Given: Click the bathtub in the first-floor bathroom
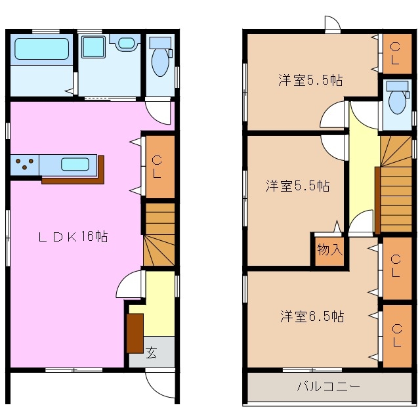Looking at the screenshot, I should click(x=41, y=49).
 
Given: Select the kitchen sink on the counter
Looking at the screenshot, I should click(x=75, y=163).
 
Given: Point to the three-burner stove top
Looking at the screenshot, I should click(x=24, y=164).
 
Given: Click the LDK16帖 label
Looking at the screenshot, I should click(x=72, y=238).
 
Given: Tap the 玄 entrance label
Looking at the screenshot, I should click(x=152, y=354).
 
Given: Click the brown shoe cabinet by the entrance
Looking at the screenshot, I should click(x=135, y=333).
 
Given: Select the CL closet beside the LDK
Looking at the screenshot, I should click(x=158, y=167).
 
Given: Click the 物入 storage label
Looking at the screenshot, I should click(x=329, y=249).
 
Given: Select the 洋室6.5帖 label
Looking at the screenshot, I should click(x=312, y=317).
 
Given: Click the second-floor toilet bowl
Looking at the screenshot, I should click(x=396, y=101).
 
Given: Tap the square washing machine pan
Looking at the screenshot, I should click(x=92, y=47).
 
